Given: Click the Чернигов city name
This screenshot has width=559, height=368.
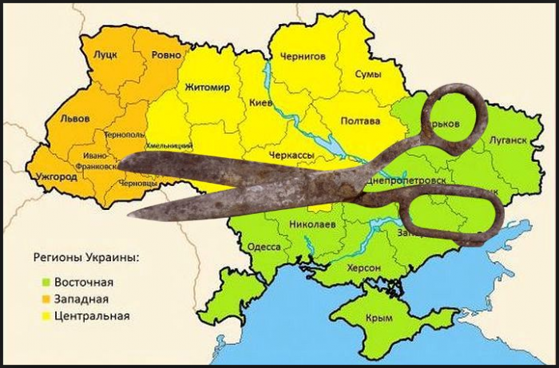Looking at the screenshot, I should coord(303,56).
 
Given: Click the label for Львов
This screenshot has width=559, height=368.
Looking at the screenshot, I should coord(75,118).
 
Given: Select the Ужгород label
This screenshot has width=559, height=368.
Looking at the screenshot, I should coord(57,174).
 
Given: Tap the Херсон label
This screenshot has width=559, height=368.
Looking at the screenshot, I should coord(363,267).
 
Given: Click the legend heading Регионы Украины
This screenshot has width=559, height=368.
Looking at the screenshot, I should coord(85,259).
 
